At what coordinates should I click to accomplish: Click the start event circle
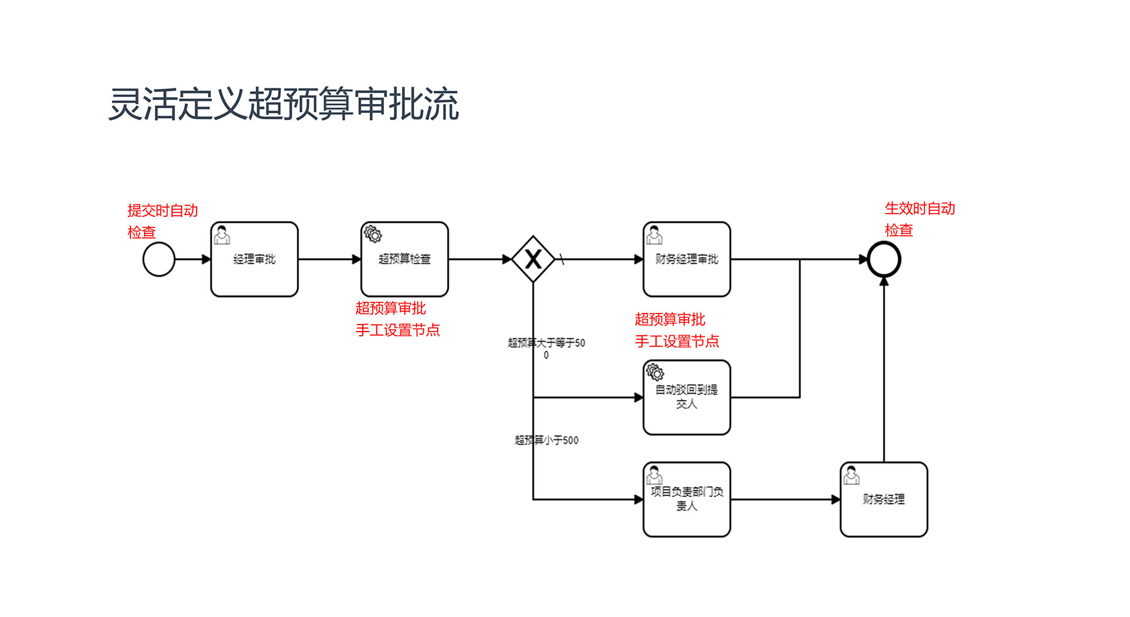(x=159, y=259)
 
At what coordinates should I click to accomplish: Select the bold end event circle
(x=884, y=259)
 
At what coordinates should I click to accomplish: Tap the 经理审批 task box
(x=255, y=259)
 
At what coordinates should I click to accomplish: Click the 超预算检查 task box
(x=404, y=259)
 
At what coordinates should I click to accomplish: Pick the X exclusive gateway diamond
(x=533, y=259)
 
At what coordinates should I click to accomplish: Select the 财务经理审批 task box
(x=686, y=259)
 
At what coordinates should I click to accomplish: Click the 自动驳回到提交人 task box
(x=686, y=397)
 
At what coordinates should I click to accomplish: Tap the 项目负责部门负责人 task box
(x=686, y=499)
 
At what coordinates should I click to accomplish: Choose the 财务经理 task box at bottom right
(x=884, y=499)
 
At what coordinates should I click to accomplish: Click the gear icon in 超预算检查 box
(x=373, y=234)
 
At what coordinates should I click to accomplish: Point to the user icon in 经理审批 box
(x=222, y=235)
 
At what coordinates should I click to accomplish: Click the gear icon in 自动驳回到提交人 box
(x=655, y=372)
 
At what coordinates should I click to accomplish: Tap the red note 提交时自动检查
(x=162, y=221)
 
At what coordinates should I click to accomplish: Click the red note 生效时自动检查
(x=919, y=219)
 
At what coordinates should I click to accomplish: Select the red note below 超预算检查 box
(x=397, y=319)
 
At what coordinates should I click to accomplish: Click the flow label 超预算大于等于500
(x=547, y=347)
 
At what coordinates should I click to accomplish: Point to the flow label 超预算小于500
(x=547, y=440)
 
